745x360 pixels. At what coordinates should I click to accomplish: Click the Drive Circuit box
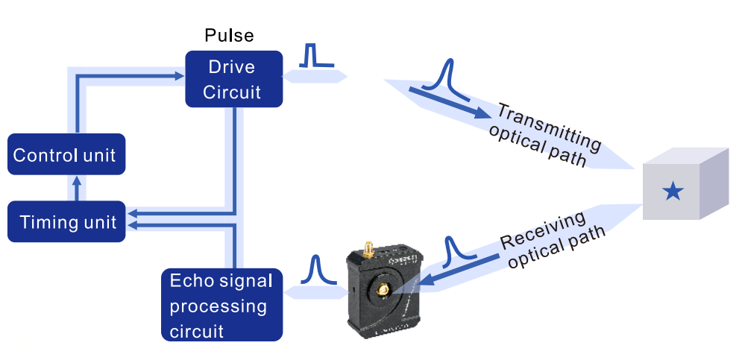[x=233, y=79]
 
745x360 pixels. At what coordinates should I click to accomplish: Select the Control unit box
[x=66, y=155]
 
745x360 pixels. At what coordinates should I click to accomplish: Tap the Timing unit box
[x=66, y=221]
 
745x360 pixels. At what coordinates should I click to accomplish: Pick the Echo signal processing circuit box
[x=221, y=305]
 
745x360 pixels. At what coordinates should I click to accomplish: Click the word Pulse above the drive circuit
[x=229, y=36]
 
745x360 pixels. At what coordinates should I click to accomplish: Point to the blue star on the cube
[x=673, y=192]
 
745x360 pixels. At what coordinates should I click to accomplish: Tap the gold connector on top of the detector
[x=368, y=249]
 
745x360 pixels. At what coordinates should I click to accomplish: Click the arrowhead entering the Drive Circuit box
[x=179, y=75]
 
